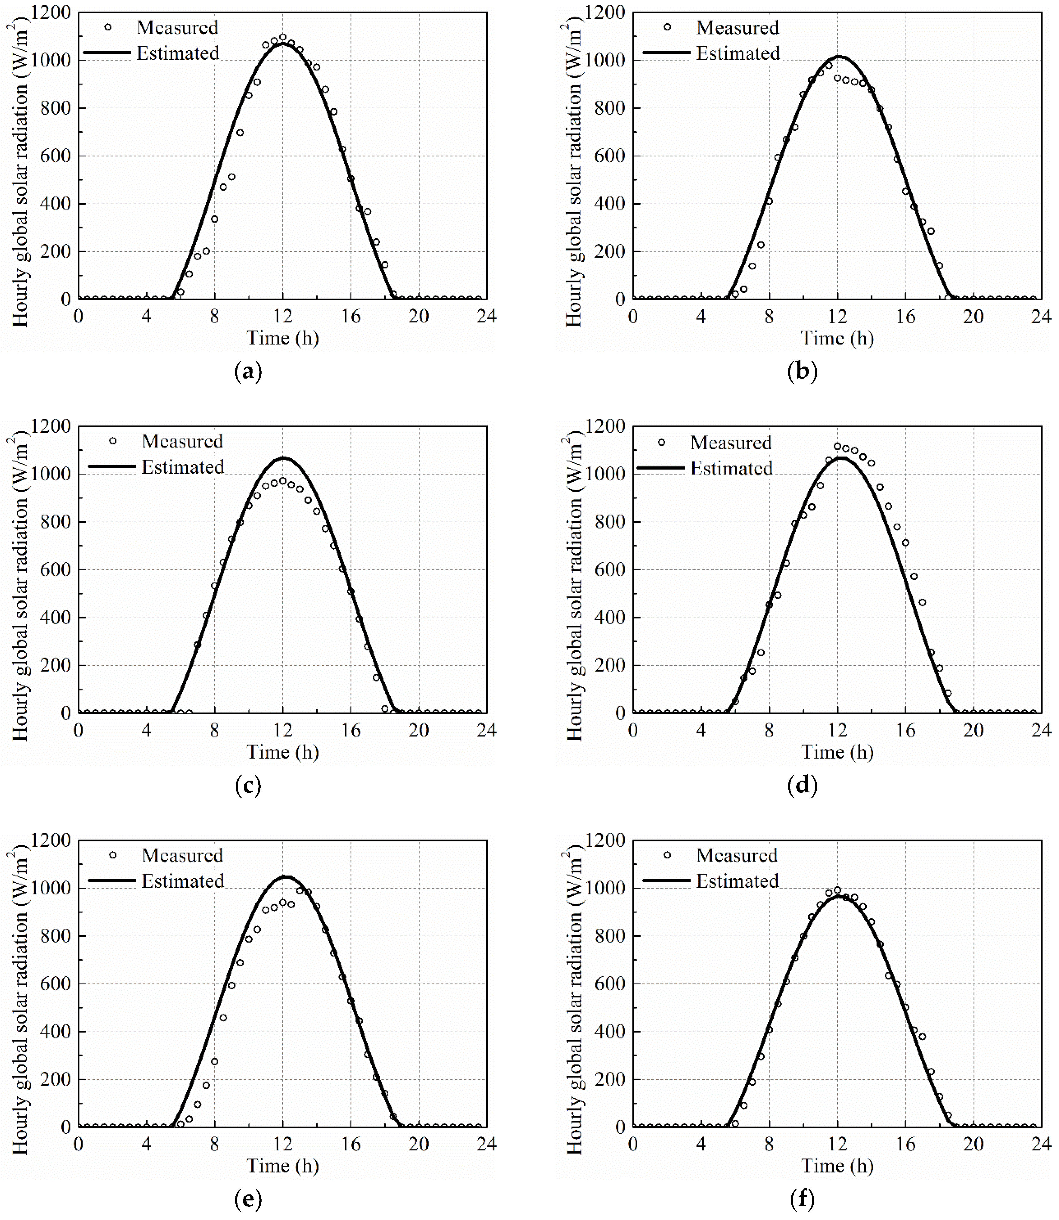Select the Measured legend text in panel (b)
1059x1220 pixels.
[738, 28]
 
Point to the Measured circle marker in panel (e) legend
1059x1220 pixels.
[113, 855]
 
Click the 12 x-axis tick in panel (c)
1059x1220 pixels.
[282, 731]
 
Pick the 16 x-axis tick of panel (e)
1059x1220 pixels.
[350, 1144]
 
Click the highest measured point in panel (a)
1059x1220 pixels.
[282, 37]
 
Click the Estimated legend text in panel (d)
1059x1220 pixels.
[731, 469]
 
